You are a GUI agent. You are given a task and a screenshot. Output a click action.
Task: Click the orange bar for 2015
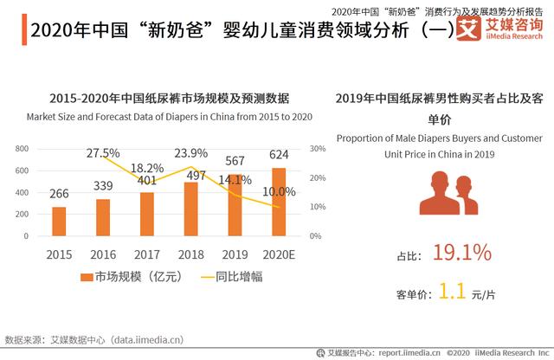coord(59,221)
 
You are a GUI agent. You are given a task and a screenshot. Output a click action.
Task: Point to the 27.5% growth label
coord(103,153)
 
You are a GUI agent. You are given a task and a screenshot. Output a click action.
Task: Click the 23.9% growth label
coord(190,153)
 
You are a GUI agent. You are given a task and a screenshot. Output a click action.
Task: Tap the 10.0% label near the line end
coord(279,191)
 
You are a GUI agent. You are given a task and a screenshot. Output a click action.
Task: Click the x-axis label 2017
coord(146,255)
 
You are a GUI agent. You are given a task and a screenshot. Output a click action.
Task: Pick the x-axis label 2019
coord(235,255)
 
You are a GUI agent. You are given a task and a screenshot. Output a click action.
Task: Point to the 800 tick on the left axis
coord(23,149)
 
